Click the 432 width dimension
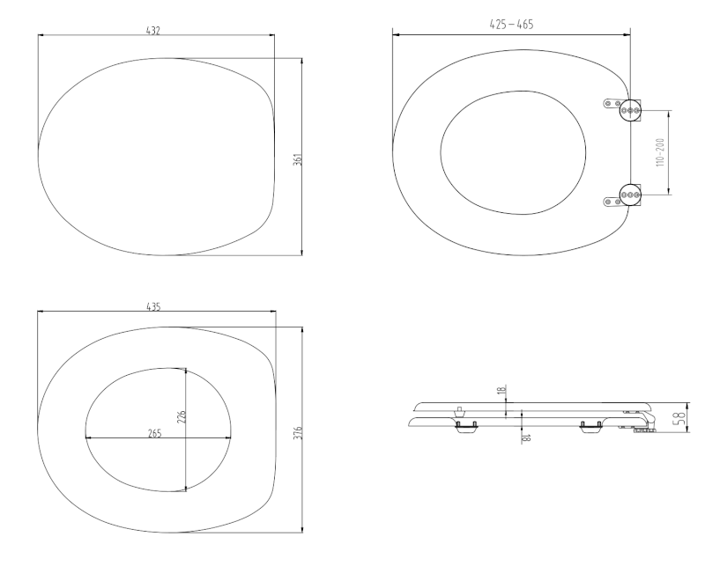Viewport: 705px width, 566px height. point(153,31)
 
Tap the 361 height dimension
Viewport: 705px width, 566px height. point(298,159)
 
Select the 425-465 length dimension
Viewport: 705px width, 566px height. point(511,25)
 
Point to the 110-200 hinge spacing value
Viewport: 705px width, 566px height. point(660,153)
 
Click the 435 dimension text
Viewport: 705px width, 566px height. point(153,307)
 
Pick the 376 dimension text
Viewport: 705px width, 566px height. point(298,433)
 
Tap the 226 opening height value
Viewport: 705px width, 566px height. point(182,417)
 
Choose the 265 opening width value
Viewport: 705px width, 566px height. point(154,433)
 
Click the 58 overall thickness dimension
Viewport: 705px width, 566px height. point(681,416)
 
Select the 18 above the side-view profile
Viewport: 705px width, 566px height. point(501,390)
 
